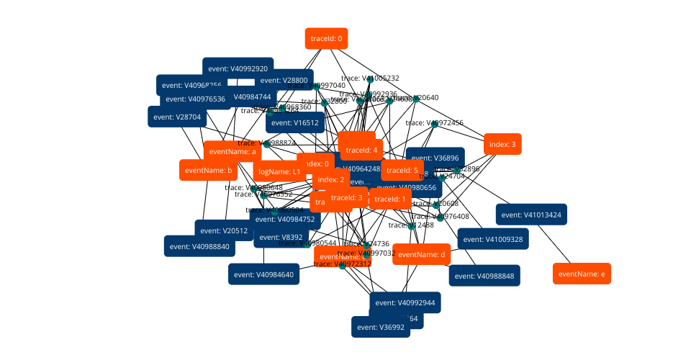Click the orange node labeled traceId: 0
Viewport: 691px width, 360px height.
coord(327,38)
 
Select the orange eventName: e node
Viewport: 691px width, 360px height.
coord(582,274)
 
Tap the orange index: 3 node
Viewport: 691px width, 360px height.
coord(502,145)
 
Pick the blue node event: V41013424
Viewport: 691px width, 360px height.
coord(531,215)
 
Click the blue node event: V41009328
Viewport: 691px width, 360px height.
coord(493,239)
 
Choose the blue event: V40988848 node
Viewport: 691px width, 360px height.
coord(484,275)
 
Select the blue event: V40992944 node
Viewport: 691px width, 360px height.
coord(405,302)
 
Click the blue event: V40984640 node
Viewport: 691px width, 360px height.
coord(263,274)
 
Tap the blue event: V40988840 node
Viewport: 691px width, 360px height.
coord(199,246)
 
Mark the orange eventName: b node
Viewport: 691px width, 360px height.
coord(208,171)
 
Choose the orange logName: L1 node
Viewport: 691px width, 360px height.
coord(279,172)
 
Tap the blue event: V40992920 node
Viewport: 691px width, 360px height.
coord(238,68)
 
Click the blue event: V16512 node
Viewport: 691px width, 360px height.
coord(296,122)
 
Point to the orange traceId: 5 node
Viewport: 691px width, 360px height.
coord(401,171)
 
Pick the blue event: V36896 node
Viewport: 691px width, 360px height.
coord(435,158)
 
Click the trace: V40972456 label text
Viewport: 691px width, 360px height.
coord(435,123)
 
